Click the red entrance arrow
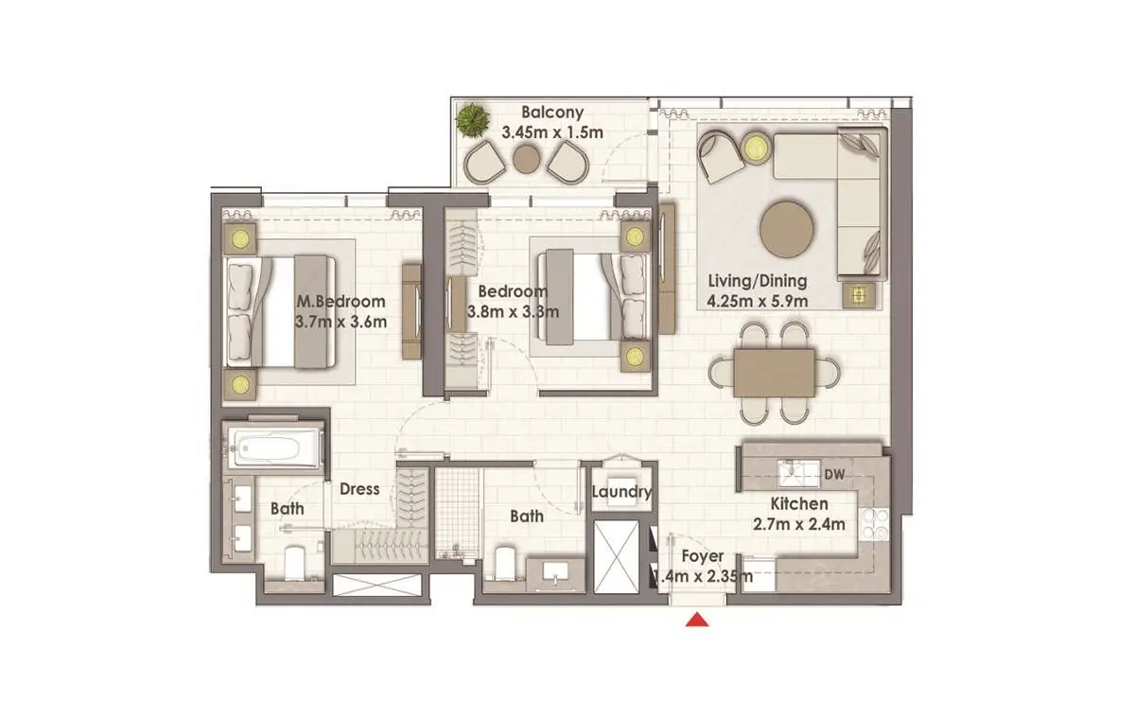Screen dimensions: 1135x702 697,620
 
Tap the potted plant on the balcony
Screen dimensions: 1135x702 472,119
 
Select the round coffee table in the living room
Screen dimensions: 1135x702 786,230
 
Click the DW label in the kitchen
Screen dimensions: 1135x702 834,474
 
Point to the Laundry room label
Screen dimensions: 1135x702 621,491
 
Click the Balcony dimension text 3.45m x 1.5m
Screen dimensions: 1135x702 552,132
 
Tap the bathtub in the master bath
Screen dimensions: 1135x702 273,448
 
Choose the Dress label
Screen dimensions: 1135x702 359,489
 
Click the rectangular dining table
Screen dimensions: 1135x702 775,373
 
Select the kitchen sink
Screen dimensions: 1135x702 798,473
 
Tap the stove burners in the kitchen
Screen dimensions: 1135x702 875,524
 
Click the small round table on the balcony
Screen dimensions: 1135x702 527,159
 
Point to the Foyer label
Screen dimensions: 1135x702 702,556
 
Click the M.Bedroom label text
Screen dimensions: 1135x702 340,302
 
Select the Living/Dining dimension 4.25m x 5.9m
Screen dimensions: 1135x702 757,302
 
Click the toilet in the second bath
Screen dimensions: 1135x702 505,564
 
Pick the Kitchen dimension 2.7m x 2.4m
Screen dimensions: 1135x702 798,524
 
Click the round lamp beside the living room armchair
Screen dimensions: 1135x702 756,148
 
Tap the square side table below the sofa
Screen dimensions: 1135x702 859,295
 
